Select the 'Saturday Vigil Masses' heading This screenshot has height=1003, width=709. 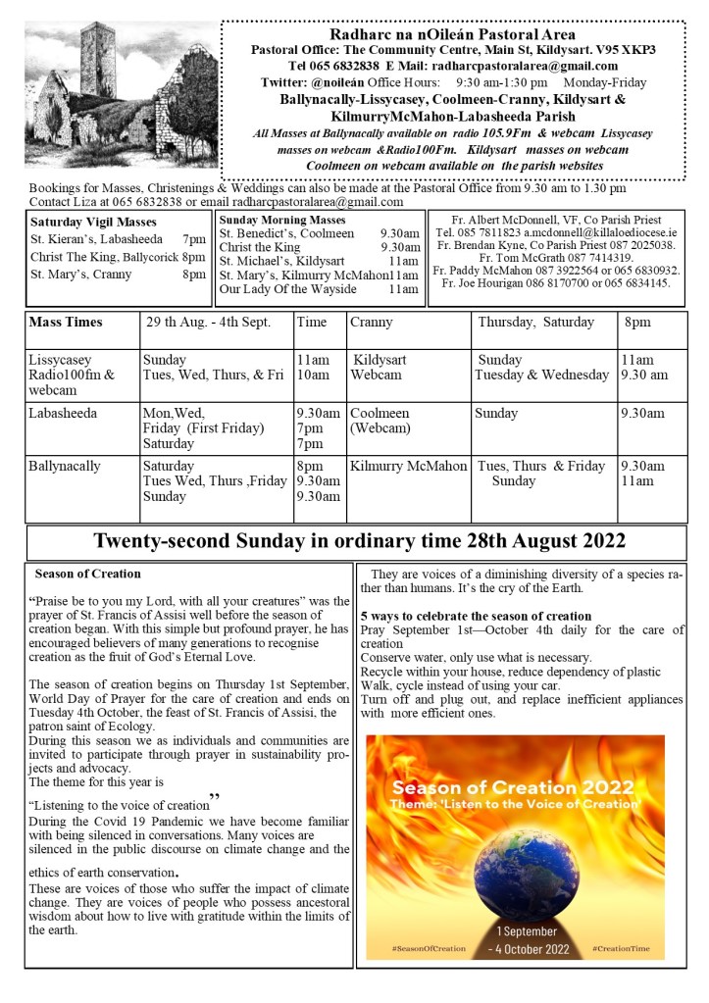pos(87,222)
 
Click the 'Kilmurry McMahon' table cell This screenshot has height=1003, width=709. pos(408,466)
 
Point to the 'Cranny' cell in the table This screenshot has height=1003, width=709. pos(371,322)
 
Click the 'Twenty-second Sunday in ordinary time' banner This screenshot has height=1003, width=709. pos(359,541)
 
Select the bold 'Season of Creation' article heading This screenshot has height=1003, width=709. pos(87,574)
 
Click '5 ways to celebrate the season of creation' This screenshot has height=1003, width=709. pos(476,616)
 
